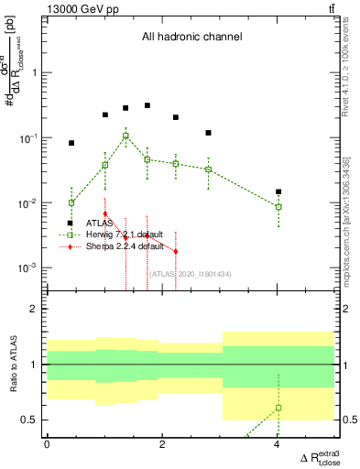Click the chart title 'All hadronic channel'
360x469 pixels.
[191, 38]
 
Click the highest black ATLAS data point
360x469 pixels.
[147, 105]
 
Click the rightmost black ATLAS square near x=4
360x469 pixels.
[278, 192]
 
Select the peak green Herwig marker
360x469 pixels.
[125, 136]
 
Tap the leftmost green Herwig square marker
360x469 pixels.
[71, 202]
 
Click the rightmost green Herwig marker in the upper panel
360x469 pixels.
[278, 207]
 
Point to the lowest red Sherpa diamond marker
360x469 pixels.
[175, 251]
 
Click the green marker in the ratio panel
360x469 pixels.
[278, 408]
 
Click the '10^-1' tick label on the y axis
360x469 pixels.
[28, 138]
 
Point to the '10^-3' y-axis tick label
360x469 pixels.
[28, 268]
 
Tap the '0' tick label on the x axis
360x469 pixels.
[48, 444]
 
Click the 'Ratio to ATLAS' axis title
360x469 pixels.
[13, 365]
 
